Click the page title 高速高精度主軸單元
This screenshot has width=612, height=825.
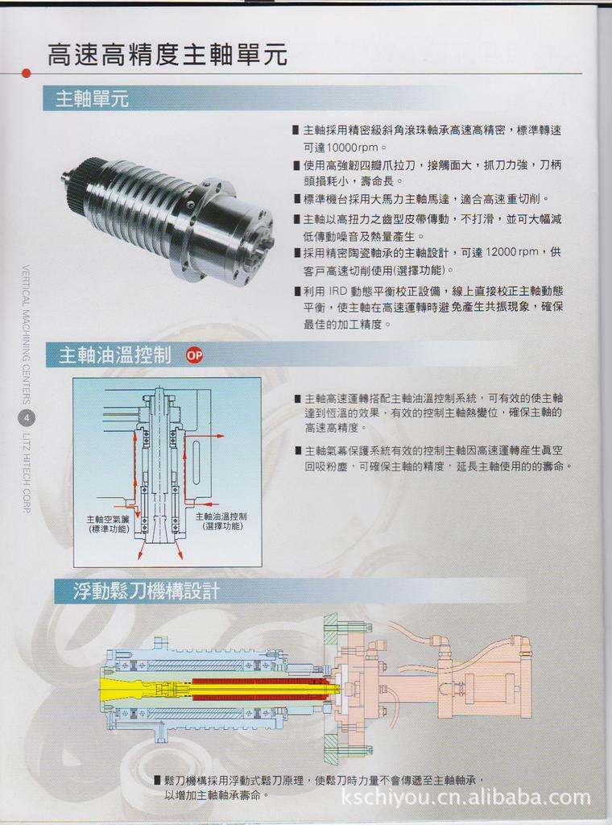tap(167, 55)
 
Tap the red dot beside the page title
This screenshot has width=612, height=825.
tap(27, 73)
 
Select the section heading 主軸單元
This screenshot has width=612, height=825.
tap(92, 99)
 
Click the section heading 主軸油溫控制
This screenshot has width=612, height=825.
tap(115, 354)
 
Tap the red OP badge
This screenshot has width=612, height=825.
tap(194, 354)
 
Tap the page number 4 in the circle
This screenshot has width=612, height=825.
tap(27, 417)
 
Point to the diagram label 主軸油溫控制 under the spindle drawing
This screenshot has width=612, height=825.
tap(221, 516)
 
